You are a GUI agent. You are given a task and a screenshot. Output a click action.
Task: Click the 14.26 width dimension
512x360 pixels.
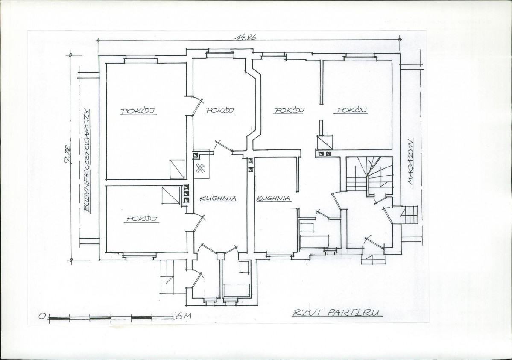[245, 37]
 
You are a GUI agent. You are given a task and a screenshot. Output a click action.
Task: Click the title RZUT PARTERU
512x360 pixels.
[336, 313]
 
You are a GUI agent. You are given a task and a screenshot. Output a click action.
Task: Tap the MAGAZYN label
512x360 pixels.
[410, 163]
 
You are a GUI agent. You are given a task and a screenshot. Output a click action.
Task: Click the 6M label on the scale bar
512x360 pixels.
[182, 316]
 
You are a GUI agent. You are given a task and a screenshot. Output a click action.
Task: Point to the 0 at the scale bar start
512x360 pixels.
[42, 316]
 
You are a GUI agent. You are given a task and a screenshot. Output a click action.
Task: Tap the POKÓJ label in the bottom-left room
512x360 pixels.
[142, 219]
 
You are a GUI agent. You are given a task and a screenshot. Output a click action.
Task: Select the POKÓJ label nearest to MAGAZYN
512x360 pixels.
[350, 110]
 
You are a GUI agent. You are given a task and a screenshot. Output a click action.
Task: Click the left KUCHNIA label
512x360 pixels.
[218, 198]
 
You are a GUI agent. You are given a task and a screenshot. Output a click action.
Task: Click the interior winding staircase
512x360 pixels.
[370, 173]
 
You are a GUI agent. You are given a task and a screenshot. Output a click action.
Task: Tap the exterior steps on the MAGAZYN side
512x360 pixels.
[410, 215]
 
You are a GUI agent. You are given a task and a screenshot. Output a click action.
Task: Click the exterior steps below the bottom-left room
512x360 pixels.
[169, 277]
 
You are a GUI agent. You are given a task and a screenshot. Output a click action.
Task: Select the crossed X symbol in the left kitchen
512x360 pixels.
[200, 169]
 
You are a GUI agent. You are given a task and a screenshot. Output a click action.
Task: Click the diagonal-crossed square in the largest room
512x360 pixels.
[177, 169]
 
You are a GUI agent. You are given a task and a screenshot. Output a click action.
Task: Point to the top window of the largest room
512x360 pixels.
[140, 59]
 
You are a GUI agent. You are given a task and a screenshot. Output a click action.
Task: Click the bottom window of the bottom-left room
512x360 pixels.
[139, 256]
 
